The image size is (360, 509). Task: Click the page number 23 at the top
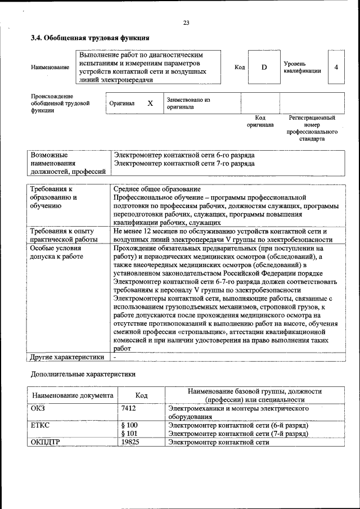point(186,22)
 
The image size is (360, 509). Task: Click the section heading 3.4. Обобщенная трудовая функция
point(89,38)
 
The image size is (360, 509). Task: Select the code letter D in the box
point(264,67)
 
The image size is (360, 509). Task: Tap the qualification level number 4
point(336,67)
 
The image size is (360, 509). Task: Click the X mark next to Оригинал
point(150,103)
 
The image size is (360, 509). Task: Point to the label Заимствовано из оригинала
point(188,103)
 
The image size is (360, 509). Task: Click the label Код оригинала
point(260,121)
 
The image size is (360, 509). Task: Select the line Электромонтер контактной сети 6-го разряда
point(184,155)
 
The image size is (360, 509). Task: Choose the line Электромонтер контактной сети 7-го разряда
point(184,164)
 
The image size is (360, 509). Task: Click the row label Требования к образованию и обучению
point(54,198)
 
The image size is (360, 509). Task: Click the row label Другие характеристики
point(67,357)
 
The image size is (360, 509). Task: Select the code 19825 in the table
point(130,442)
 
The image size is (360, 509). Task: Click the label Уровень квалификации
point(302,67)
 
